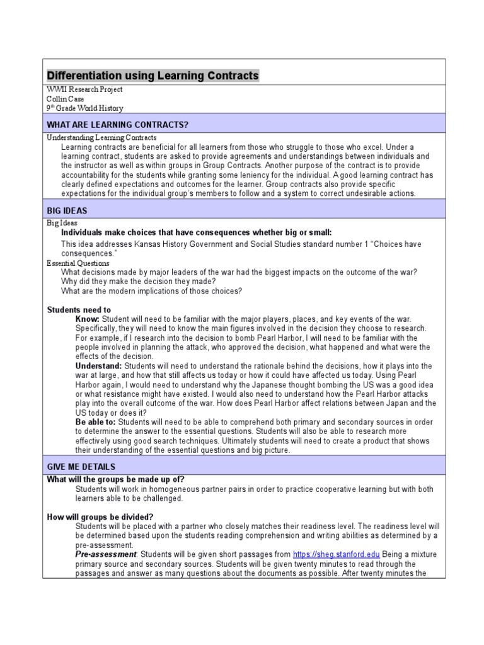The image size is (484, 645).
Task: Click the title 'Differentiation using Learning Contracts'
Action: click(153, 76)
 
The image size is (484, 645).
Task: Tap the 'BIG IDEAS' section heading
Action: click(67, 210)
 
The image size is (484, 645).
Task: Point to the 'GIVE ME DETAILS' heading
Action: click(81, 467)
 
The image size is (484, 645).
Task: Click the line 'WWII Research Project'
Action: click(85, 89)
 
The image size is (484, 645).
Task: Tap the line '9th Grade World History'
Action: click(85, 108)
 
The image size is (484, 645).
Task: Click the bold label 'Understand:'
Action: click(99, 366)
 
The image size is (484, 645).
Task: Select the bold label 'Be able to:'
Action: click(96, 422)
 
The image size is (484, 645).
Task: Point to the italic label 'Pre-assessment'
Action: click(105, 554)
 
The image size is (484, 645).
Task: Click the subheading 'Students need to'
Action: click(79, 310)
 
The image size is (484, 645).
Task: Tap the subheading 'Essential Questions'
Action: click(78, 263)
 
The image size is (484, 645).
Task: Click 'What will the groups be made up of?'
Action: click(116, 479)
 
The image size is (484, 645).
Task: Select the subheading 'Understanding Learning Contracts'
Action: click(102, 137)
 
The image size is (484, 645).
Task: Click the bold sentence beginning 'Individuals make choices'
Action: click(196, 232)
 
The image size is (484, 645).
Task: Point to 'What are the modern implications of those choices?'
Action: click(151, 291)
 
